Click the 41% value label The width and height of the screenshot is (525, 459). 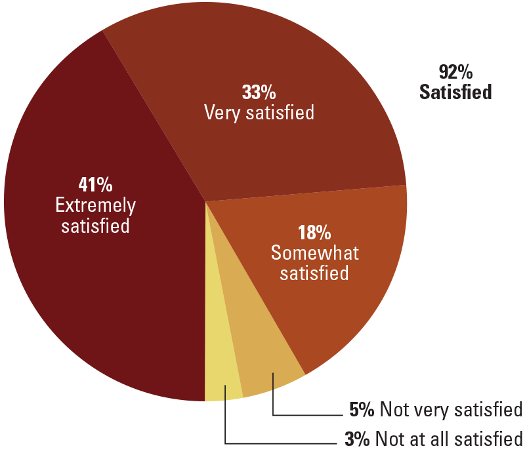tap(94, 184)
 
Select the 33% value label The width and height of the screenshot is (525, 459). tap(259, 91)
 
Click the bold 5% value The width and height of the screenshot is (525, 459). tap(362, 410)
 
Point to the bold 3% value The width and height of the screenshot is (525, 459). tap(358, 438)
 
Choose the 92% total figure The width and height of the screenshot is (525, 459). tap(455, 71)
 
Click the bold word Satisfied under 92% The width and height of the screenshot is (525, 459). tap(455, 92)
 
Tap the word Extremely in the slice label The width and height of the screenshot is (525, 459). tap(95, 206)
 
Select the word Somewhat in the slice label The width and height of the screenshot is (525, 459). tap(315, 252)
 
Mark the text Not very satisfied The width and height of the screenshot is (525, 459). tap(451, 410)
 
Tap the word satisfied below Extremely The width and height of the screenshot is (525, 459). tap(95, 226)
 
